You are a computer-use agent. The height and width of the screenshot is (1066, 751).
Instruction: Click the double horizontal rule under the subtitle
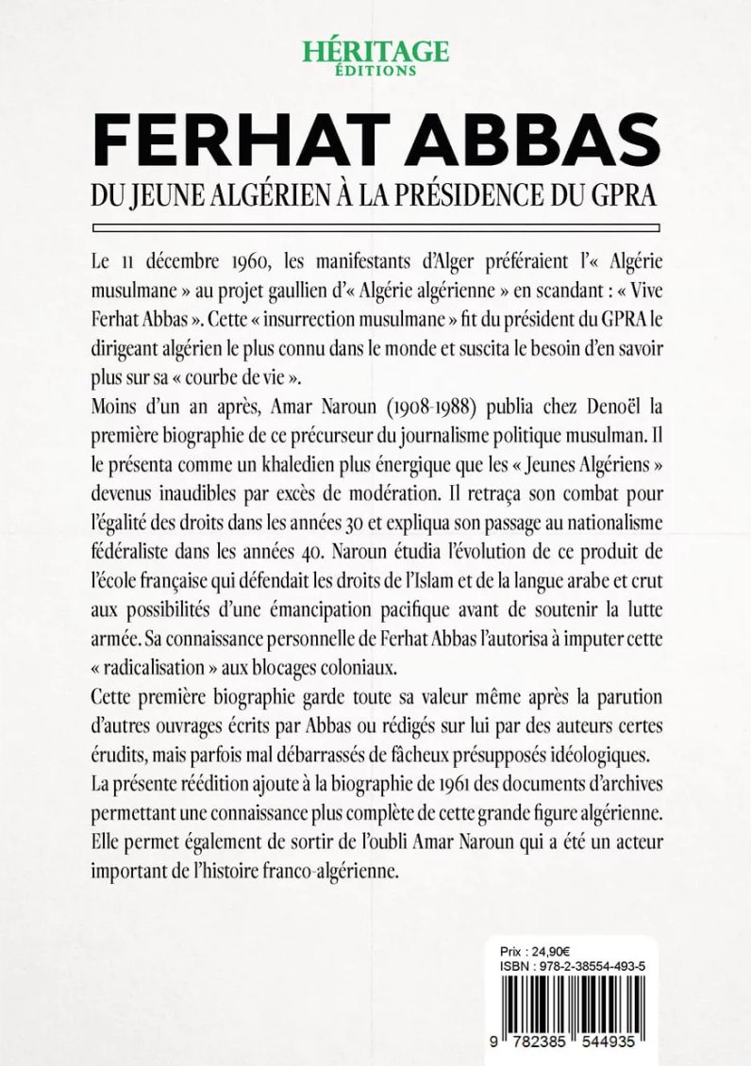point(375,226)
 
